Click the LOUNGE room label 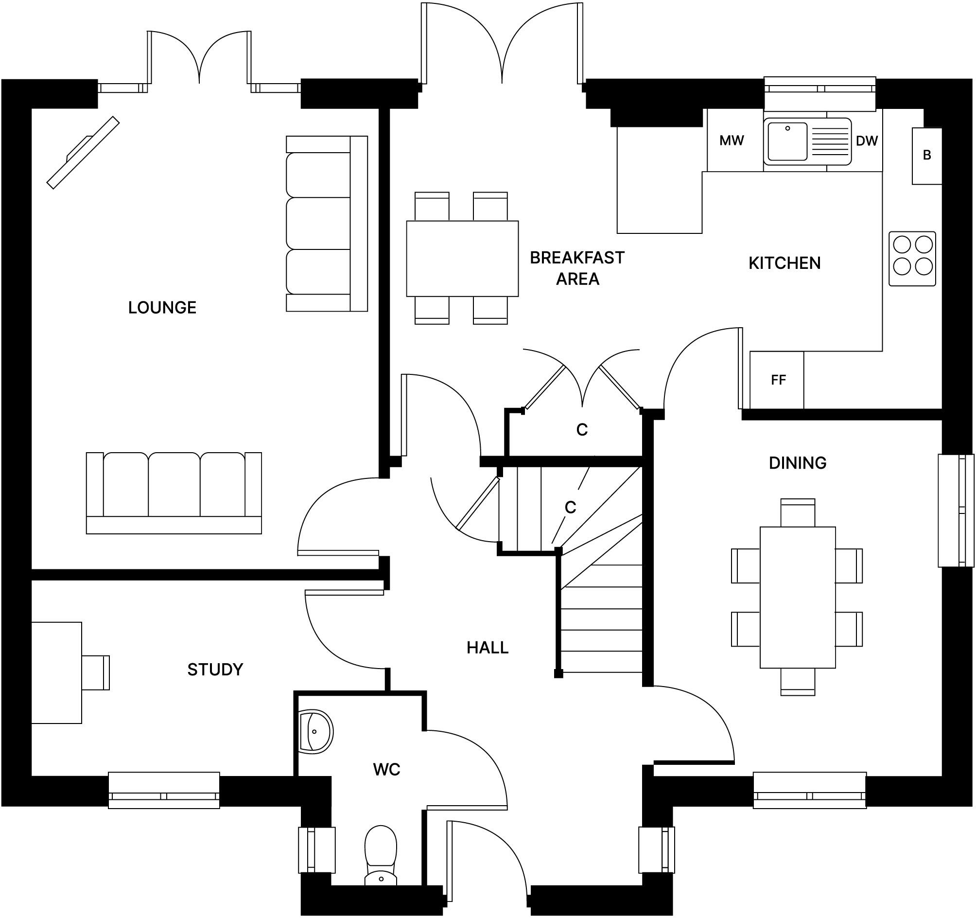(162, 307)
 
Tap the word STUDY (215, 670)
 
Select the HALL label (487, 648)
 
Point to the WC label (386, 770)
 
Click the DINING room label (797, 463)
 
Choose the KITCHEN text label (784, 263)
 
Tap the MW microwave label (732, 141)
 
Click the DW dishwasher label (867, 141)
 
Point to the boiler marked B (927, 155)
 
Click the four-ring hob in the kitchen (912, 259)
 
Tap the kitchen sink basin (787, 141)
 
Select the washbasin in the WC (315, 732)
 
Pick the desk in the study (56, 672)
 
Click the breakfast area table (462, 258)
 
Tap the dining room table (797, 597)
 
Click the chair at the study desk (96, 672)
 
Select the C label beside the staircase (570, 508)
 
